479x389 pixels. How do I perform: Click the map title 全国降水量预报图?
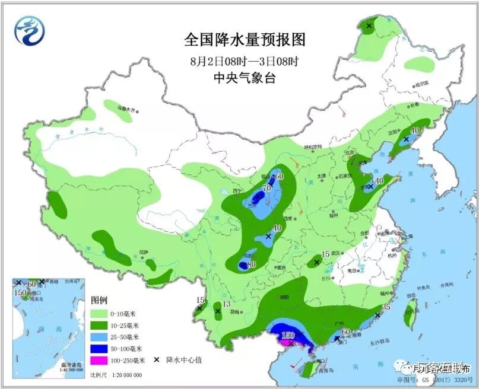click(x=245, y=40)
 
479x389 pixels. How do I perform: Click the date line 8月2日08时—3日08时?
click(x=244, y=60)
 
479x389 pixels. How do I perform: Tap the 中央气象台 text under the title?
click(x=245, y=78)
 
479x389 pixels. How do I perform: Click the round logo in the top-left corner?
click(x=30, y=31)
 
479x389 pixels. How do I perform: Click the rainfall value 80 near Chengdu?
click(x=251, y=264)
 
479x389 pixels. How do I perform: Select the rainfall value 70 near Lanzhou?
click(x=267, y=189)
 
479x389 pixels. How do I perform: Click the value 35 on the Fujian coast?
click(x=385, y=307)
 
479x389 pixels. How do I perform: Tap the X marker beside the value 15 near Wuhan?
click(x=316, y=262)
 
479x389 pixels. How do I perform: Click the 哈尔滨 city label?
click(x=422, y=84)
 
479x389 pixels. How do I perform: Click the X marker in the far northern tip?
click(x=369, y=26)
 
